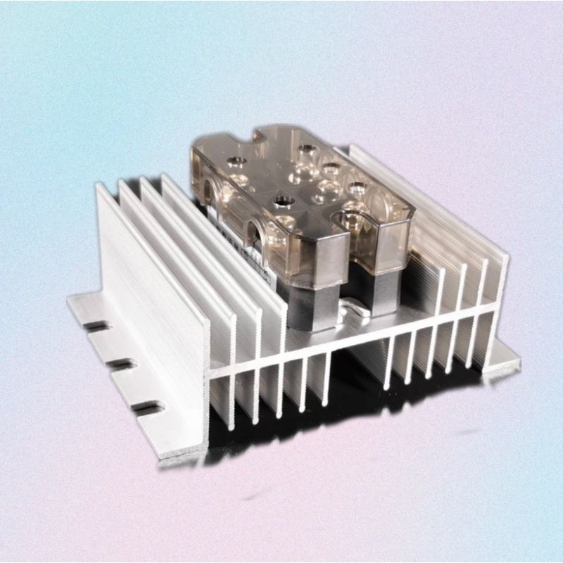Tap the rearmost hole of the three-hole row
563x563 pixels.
tap(305, 150)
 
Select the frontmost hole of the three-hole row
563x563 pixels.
tap(356, 186)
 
